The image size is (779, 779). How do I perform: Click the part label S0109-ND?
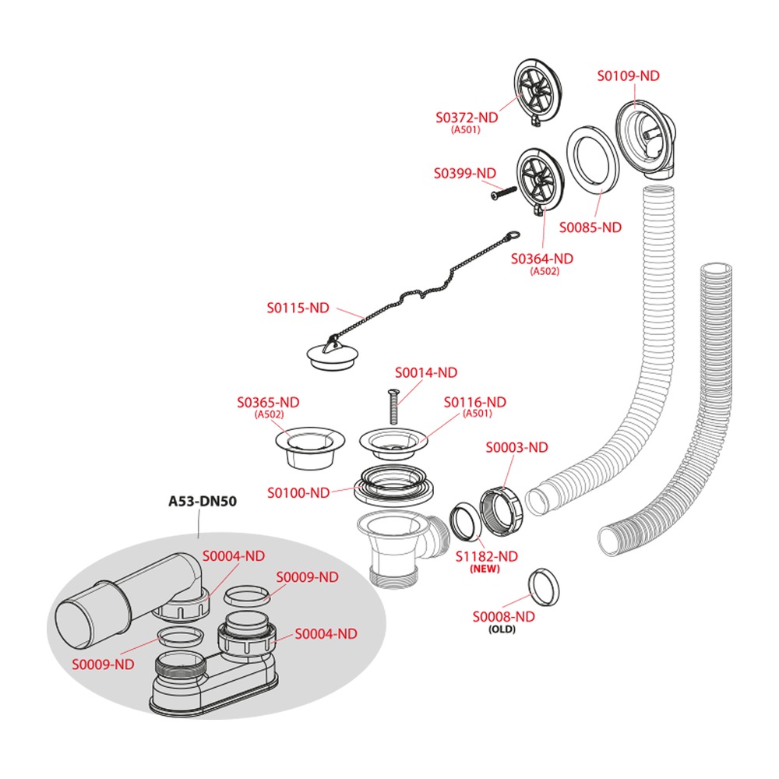point(628,76)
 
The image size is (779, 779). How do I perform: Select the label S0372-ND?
point(467,118)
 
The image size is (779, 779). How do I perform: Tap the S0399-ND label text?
point(464,174)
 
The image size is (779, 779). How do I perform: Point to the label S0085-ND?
point(590,227)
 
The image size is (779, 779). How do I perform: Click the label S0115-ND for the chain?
point(298,308)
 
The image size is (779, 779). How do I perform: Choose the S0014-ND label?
point(426,372)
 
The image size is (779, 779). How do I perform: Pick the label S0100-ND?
point(298,493)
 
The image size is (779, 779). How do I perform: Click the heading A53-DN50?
point(203,501)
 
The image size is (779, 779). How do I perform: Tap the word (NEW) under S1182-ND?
point(485,569)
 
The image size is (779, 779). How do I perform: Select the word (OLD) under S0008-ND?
point(502,629)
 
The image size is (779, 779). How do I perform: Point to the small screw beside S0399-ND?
point(503,193)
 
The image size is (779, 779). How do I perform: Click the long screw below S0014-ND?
point(393,407)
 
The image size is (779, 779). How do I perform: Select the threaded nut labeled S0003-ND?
point(501,512)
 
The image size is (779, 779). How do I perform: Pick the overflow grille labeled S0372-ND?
point(538,93)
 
